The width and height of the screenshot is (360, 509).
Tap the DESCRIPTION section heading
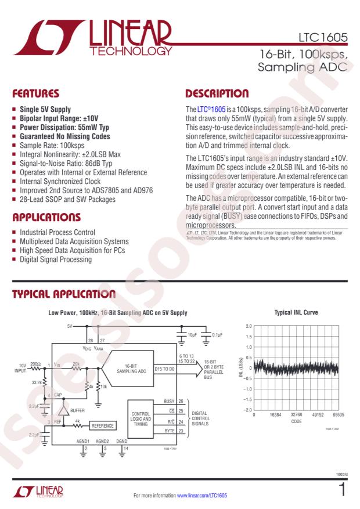coord(217,93)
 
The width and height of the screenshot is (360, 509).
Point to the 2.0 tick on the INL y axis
coord(249,326)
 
